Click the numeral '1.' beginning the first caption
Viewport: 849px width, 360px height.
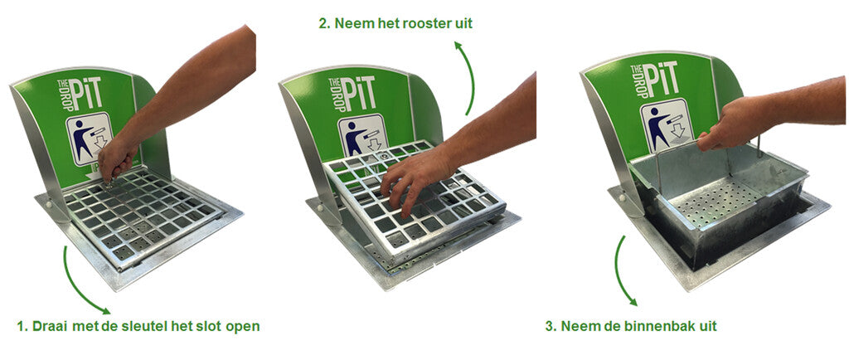(x=22, y=327)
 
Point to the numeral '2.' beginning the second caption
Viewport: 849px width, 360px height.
(x=324, y=23)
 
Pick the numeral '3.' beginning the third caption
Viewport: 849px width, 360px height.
(x=551, y=326)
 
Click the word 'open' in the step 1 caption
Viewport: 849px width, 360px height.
(x=245, y=328)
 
